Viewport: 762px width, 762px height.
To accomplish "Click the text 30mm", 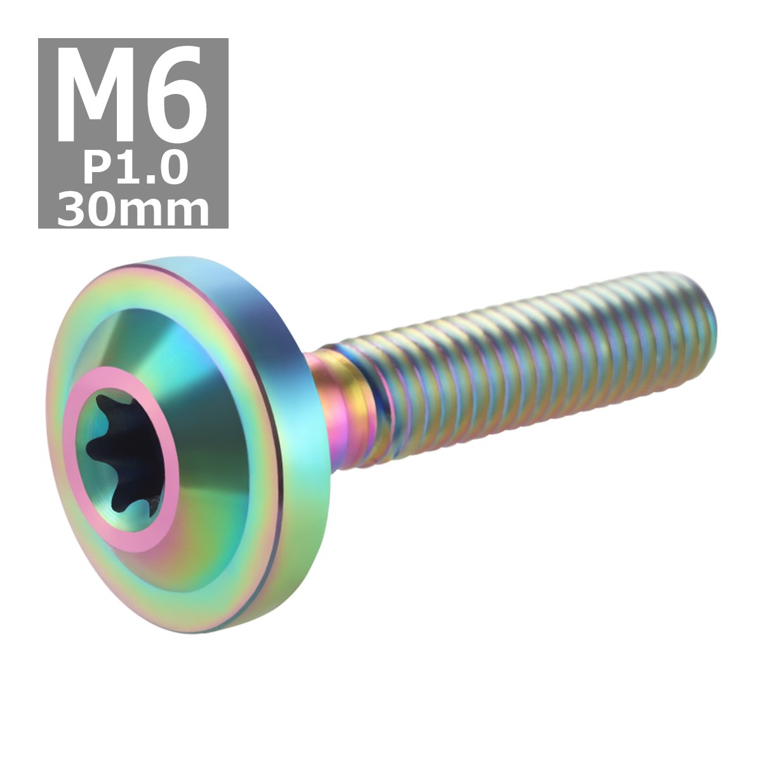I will point(133,210).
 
